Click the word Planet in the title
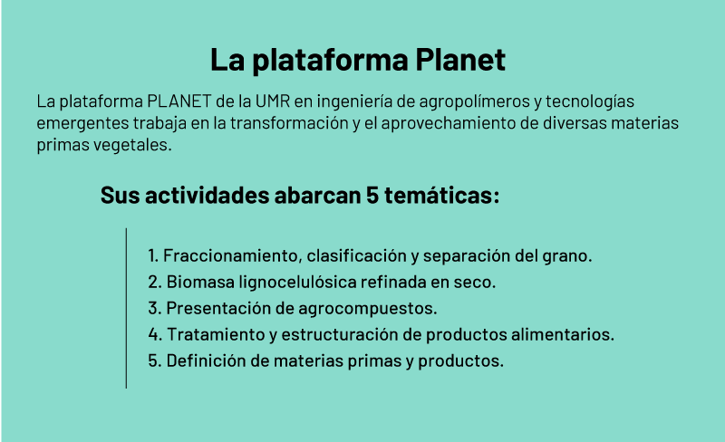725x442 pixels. pyautogui.click(x=460, y=59)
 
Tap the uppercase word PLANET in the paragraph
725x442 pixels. pyautogui.click(x=179, y=101)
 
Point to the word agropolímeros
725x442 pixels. pyautogui.click(x=474, y=101)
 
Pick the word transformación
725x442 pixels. pyautogui.click(x=289, y=123)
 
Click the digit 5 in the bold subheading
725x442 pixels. pyautogui.click(x=372, y=195)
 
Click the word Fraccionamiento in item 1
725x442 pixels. pyautogui.click(x=233, y=255)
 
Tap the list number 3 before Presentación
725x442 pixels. pyautogui.click(x=154, y=308)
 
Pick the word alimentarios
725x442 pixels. pyautogui.click(x=563, y=335)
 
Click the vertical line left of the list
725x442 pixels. pyautogui.click(x=126, y=308)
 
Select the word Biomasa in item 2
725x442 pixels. pyautogui.click(x=200, y=282)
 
